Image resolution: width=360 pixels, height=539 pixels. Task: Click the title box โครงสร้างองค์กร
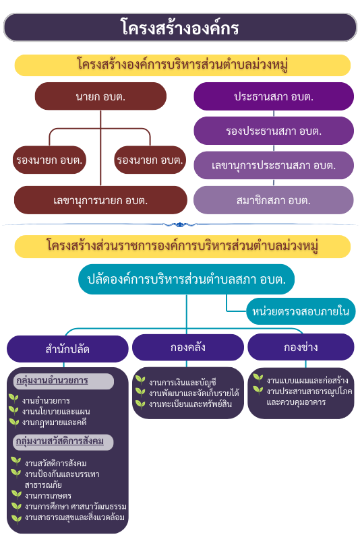tap(180, 28)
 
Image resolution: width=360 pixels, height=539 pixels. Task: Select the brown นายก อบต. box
tap(100, 96)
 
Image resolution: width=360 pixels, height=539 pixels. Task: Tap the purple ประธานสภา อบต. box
tap(274, 96)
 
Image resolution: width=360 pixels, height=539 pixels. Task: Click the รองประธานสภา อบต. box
tap(274, 131)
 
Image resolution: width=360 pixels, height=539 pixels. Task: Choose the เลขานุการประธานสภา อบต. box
tap(274, 165)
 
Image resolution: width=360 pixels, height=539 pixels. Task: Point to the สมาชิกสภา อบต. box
tap(274, 200)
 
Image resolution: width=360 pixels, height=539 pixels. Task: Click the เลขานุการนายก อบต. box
tap(100, 200)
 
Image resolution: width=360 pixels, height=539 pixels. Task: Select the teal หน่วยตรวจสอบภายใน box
tap(301, 311)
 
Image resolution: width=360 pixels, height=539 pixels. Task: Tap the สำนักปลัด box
tap(67, 349)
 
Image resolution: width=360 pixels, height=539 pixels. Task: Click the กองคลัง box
tap(187, 347)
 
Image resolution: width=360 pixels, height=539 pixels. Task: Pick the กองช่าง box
tap(301, 347)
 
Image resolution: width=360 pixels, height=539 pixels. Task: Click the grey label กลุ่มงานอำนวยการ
tap(63, 381)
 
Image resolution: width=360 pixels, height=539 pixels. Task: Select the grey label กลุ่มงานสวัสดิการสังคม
tap(63, 442)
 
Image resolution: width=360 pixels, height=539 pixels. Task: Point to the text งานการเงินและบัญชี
tap(182, 382)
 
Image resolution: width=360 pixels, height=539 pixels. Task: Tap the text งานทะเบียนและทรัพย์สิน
tap(190, 404)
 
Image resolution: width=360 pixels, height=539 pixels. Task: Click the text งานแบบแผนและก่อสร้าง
tap(307, 381)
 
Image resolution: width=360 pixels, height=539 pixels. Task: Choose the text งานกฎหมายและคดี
tap(54, 422)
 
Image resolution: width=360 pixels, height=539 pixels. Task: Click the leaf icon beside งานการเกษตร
tap(16, 495)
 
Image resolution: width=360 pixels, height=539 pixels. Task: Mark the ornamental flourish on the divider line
tap(179, 225)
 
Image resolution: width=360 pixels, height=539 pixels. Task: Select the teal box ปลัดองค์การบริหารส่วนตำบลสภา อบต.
tap(186, 279)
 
